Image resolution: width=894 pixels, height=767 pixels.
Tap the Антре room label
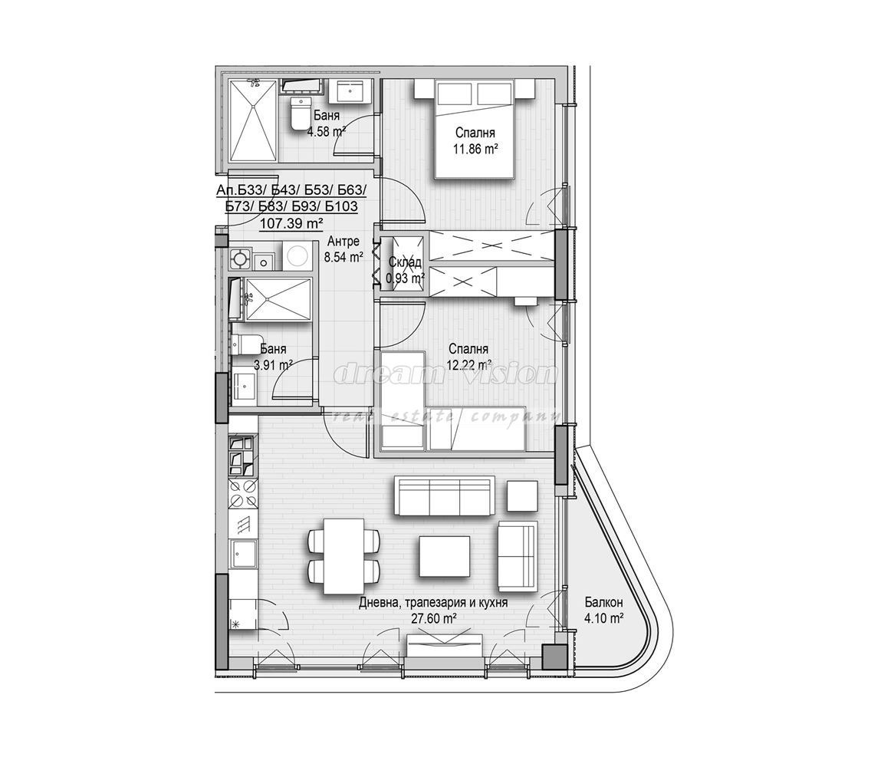pos(343,243)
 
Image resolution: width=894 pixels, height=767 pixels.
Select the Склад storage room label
pos(404,263)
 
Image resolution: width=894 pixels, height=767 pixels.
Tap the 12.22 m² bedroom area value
pos(468,366)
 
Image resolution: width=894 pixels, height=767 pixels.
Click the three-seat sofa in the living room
pos(444,496)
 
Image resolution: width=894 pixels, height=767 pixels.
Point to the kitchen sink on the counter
pos(245,553)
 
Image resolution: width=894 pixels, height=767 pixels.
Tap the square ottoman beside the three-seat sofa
pos(523,495)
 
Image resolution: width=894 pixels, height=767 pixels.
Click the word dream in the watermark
pos(376,374)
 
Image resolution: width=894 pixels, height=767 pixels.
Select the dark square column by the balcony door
pos(553,657)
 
